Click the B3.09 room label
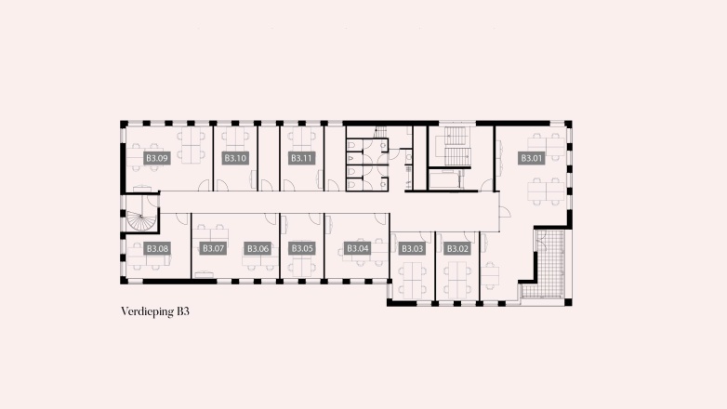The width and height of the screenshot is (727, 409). [157, 159]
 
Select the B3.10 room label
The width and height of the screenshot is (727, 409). [235, 159]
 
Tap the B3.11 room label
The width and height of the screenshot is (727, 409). [301, 159]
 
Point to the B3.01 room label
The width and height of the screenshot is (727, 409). [531, 159]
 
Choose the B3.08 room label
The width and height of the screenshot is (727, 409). [157, 248]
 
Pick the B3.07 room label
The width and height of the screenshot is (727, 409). [214, 248]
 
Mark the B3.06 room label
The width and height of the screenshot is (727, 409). [258, 248]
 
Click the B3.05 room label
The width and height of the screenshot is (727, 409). [302, 248]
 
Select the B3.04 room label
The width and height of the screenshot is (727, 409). [358, 248]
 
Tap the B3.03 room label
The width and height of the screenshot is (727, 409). [412, 248]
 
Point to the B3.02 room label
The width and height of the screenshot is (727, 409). [456, 248]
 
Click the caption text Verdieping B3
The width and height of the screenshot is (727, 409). [161, 311]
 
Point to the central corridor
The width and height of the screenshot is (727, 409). [325, 202]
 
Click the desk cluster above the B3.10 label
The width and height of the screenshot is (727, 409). [236, 139]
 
